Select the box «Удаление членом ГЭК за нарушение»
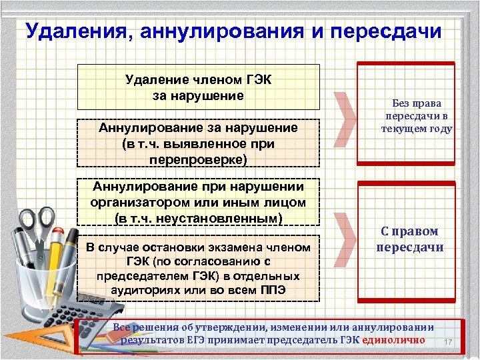tap(199, 87)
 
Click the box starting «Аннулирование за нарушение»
tap(199, 143)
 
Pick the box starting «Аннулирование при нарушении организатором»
tap(199, 201)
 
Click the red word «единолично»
tap(394, 340)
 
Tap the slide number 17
tap(448, 343)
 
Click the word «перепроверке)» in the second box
tap(199, 160)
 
